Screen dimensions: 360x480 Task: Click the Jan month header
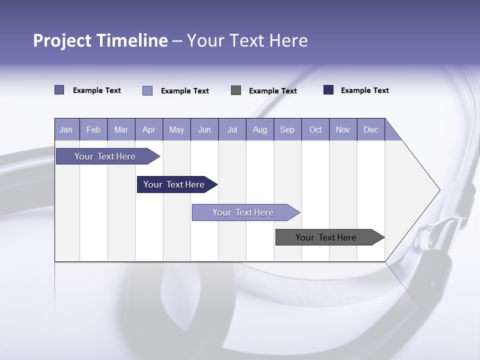tap(66, 130)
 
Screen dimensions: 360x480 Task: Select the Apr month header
tap(149, 130)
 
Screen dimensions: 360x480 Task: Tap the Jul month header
tap(232, 130)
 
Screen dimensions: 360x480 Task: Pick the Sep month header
tap(287, 130)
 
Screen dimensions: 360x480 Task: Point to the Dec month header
tap(370, 130)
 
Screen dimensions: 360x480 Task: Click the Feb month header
tap(93, 130)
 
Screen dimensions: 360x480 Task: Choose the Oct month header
tap(315, 130)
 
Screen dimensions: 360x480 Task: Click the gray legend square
tap(236, 90)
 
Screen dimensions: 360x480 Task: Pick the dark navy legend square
tap(328, 90)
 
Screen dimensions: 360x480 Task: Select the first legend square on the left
tap(59, 90)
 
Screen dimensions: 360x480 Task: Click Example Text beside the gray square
tap(273, 91)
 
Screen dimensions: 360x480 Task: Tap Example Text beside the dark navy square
tap(365, 90)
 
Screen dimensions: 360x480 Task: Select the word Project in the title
tap(62, 40)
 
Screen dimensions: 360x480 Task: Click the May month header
tap(176, 130)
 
